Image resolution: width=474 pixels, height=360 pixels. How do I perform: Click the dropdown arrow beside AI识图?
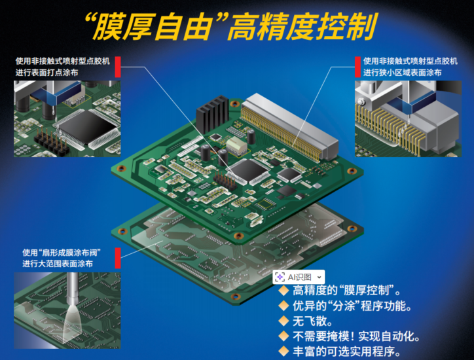[x=319, y=277]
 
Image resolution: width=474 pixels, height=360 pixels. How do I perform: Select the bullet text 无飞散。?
[x=312, y=321]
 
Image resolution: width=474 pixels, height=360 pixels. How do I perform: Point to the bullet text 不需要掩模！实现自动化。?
[x=356, y=336]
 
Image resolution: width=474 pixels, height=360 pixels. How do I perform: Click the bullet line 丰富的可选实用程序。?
[x=347, y=351]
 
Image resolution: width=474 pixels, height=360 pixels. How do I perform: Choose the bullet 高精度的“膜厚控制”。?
[x=347, y=291]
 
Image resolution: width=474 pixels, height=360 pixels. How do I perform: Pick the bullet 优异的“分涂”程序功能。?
[x=352, y=306]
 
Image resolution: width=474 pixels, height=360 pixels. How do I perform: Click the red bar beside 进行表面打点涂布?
[x=118, y=67]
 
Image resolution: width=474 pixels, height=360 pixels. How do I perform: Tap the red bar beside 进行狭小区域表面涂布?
[x=357, y=67]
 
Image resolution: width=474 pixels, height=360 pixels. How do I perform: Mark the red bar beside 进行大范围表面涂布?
[x=118, y=258]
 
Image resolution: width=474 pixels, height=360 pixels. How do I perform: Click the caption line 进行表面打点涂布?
[x=47, y=73]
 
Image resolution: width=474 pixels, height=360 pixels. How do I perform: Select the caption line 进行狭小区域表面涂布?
[x=402, y=73]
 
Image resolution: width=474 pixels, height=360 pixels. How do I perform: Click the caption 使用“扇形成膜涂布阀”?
[x=62, y=253]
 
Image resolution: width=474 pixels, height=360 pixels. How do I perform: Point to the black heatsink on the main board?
[x=212, y=114]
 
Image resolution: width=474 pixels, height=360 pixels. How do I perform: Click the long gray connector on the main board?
[x=289, y=126]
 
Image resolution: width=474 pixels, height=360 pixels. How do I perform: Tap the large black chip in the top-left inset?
[x=88, y=126]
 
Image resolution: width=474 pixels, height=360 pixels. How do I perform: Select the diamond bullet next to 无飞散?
[x=284, y=321]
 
